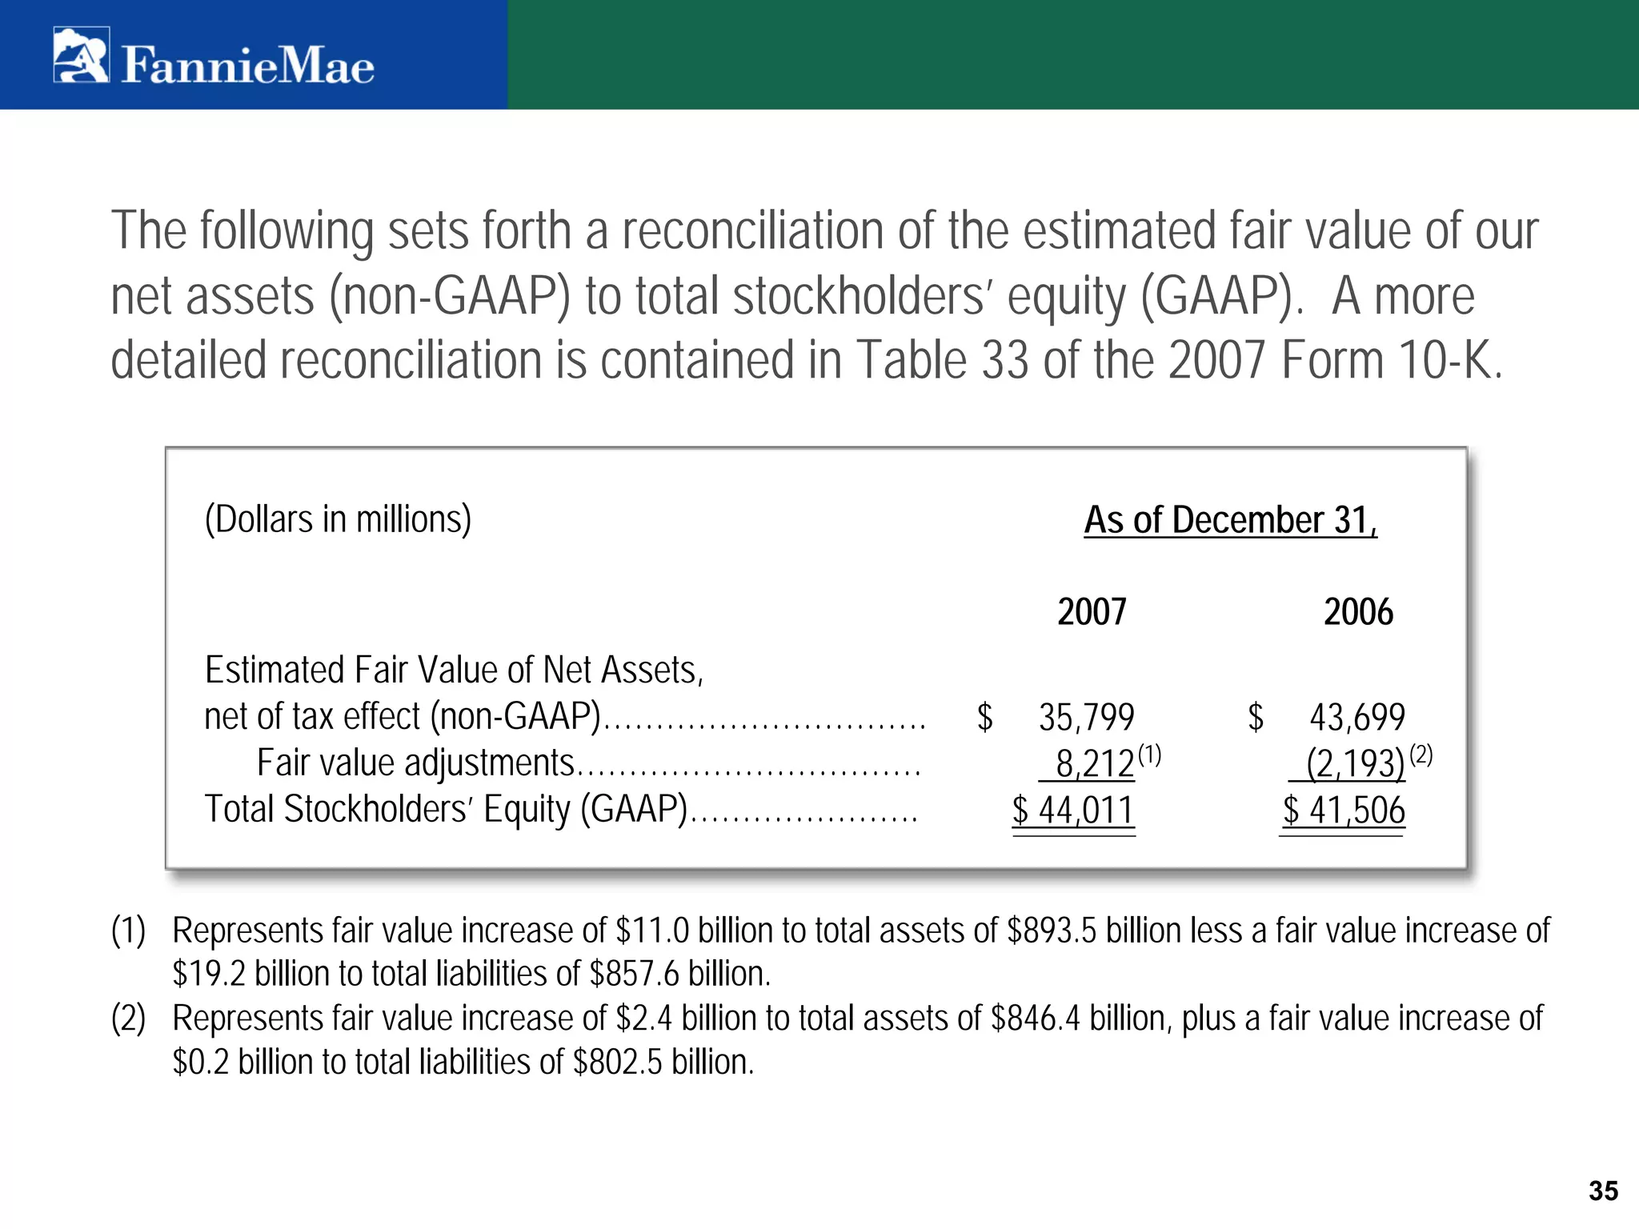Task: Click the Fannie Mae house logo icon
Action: pyautogui.click(x=81, y=55)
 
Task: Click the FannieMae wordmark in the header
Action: pyautogui.click(x=247, y=66)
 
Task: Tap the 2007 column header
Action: pyautogui.click(x=1091, y=612)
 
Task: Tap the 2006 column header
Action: pyautogui.click(x=1358, y=612)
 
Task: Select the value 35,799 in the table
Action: pyautogui.click(x=1086, y=717)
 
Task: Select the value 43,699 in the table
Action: pyautogui.click(x=1356, y=717)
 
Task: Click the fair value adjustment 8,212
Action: pyautogui.click(x=1094, y=763)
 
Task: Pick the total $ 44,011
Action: pyautogui.click(x=1073, y=810)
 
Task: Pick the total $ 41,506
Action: pyautogui.click(x=1344, y=810)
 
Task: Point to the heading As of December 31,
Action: pyautogui.click(x=1230, y=520)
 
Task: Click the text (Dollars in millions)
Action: pyautogui.click(x=338, y=519)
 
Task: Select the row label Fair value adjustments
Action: pyautogui.click(x=415, y=763)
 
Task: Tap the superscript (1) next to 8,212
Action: pyautogui.click(x=1149, y=754)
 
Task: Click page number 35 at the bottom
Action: pyautogui.click(x=1603, y=1191)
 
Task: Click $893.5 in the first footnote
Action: pyautogui.click(x=1052, y=931)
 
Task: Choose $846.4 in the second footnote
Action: pyautogui.click(x=1036, y=1019)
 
